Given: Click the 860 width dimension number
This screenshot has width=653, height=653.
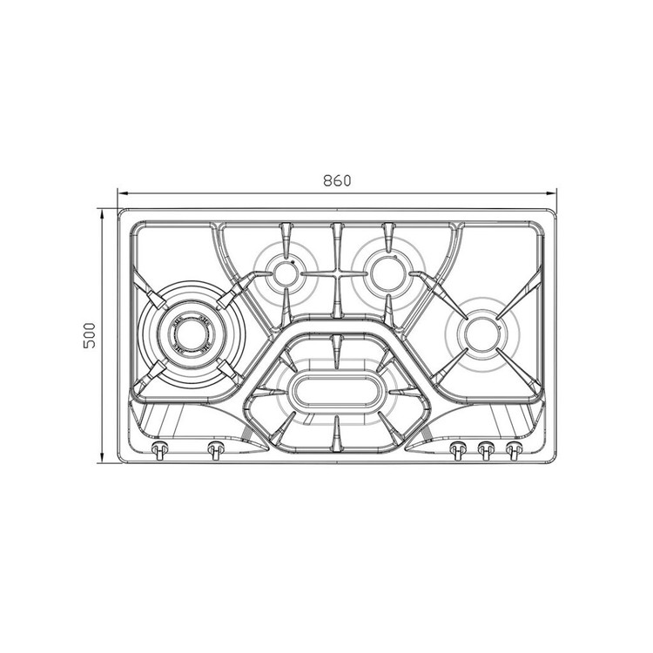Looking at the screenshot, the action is click(337, 180).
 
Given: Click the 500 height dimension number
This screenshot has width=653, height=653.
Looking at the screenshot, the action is click(90, 335).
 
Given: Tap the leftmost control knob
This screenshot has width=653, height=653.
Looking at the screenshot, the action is click(159, 449).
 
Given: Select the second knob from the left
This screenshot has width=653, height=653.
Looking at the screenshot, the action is click(216, 449).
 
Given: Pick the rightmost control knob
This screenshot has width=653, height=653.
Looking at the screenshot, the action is click(514, 450).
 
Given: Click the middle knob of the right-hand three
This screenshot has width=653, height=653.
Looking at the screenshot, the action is click(486, 450).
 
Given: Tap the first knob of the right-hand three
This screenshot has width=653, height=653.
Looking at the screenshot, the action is click(458, 450).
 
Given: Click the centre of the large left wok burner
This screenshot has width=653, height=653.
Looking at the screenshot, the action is click(191, 333).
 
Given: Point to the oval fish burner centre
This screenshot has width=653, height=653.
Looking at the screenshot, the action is click(336, 391).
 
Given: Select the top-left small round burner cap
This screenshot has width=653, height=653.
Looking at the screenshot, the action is click(286, 273).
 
